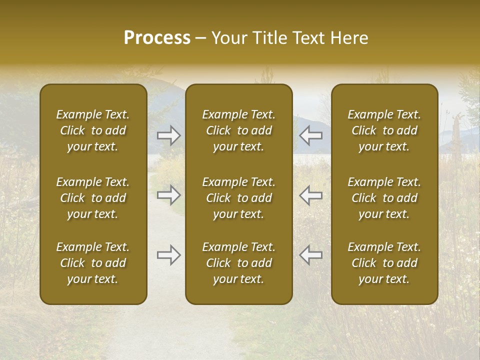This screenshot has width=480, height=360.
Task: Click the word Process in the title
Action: point(157,38)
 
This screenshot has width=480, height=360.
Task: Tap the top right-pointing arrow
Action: point(169,135)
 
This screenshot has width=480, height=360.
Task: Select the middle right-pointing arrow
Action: point(169,195)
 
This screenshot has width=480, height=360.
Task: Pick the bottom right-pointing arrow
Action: point(169,255)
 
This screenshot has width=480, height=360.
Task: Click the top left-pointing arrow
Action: point(310,135)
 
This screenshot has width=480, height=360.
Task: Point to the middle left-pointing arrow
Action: point(310,195)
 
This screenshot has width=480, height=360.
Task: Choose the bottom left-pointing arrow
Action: point(310,255)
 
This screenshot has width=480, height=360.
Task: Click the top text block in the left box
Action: point(93,130)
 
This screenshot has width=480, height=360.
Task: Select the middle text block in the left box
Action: point(93,198)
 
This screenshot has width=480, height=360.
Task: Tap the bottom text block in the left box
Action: point(93,263)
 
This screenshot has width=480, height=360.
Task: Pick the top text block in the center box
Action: point(239,130)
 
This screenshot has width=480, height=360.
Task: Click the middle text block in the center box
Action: point(239,198)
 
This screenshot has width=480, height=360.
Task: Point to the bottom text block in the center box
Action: point(239,263)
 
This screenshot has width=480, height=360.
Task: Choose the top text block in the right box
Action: point(384,130)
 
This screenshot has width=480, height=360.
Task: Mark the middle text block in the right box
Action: point(384,198)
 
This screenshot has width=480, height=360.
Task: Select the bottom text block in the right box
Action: point(384,263)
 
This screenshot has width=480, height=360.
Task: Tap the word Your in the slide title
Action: point(228,38)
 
